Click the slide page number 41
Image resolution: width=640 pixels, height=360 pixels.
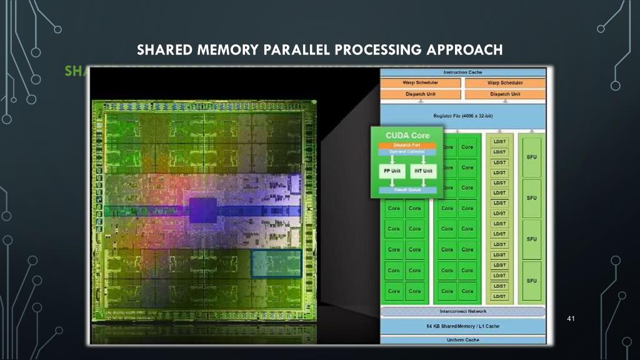pyautogui.click(x=569, y=320)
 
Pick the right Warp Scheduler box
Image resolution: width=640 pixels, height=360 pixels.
pyautogui.click(x=505, y=83)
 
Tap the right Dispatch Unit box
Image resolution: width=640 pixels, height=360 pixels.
pyautogui.click(x=505, y=94)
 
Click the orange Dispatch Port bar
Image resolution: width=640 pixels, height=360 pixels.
pyautogui.click(x=407, y=146)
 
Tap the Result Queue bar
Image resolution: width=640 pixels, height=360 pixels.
pyautogui.click(x=407, y=189)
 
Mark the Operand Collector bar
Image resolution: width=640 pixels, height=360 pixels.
pyautogui.click(x=407, y=152)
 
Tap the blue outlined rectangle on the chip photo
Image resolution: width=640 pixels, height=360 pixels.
pyautogui.click(x=276, y=263)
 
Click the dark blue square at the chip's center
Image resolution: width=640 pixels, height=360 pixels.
pyautogui.click(x=202, y=211)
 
